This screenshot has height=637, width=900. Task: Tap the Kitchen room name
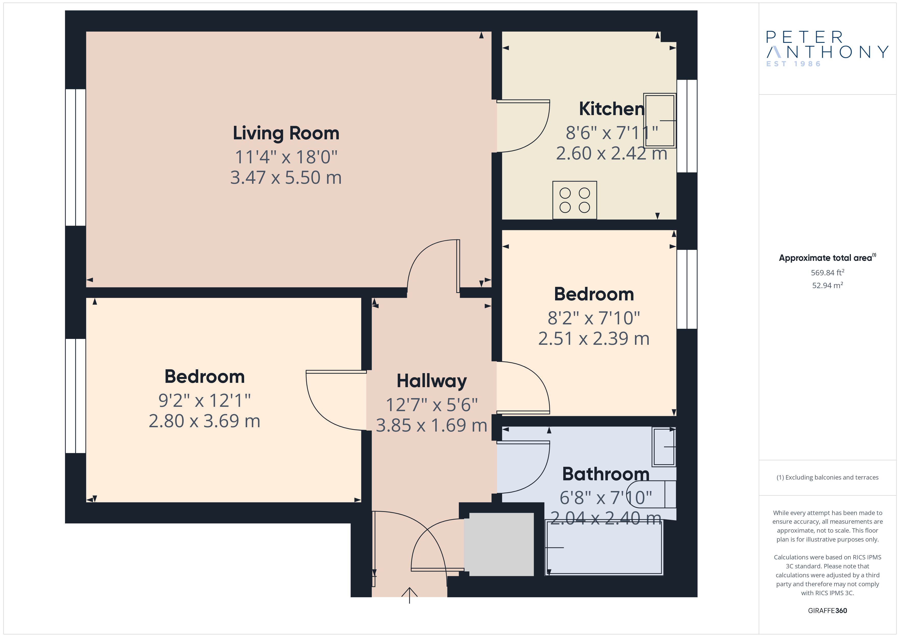pyautogui.click(x=611, y=109)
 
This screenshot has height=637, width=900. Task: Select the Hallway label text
pyautogui.click(x=432, y=381)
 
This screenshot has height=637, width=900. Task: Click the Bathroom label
pyautogui.click(x=606, y=474)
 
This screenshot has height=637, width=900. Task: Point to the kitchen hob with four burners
pyautogui.click(x=575, y=200)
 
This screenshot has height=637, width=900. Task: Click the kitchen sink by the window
pyautogui.click(x=660, y=120)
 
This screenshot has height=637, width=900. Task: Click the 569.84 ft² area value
pyautogui.click(x=827, y=272)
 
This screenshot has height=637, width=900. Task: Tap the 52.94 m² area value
pyautogui.click(x=827, y=285)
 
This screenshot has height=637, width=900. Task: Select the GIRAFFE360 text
pyautogui.click(x=827, y=610)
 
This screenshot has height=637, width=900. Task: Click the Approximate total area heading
pyautogui.click(x=827, y=258)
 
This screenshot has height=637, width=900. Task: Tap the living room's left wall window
pyautogui.click(x=75, y=157)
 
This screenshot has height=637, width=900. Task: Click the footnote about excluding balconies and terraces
pyautogui.click(x=827, y=477)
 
